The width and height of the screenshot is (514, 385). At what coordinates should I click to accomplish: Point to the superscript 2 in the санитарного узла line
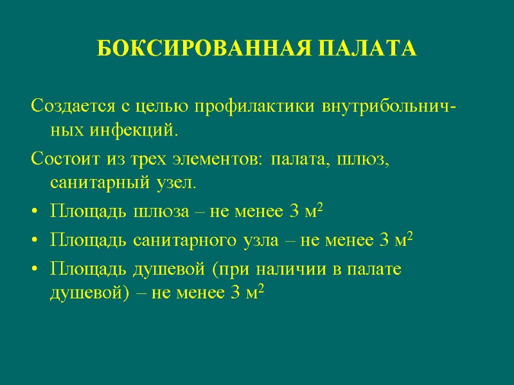point(409,236)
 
